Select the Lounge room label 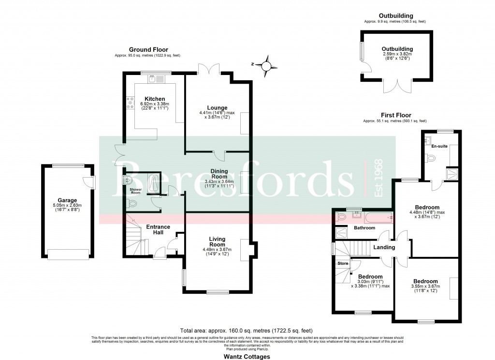click(x=217, y=107)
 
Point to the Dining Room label click(x=222, y=174)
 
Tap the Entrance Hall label click(x=158, y=230)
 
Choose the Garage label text click(x=67, y=200)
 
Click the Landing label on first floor click(x=384, y=248)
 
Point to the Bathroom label click(x=364, y=227)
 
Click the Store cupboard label click(x=343, y=263)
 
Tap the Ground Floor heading click(x=148, y=49)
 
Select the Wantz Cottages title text click(x=247, y=357)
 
